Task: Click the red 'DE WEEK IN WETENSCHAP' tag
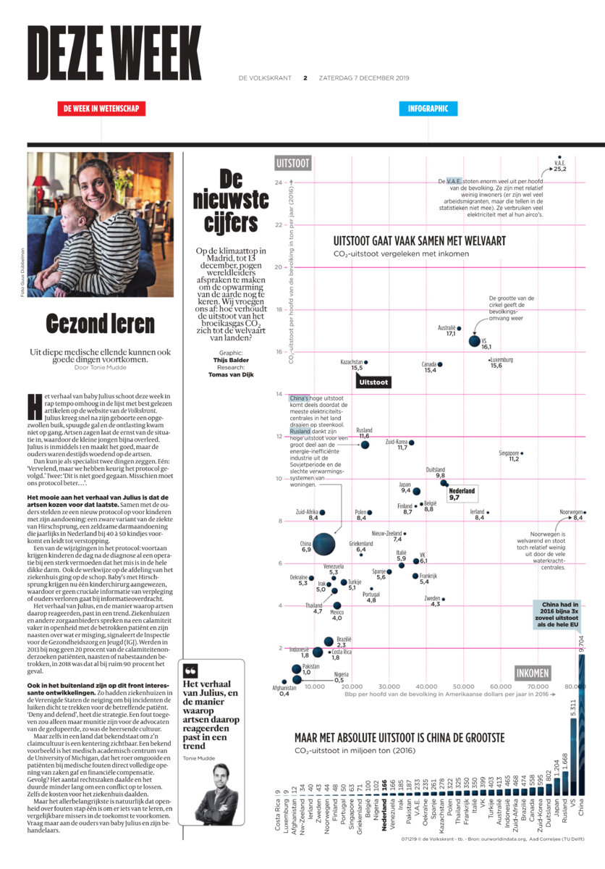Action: click(x=101, y=109)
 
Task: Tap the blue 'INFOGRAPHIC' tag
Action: click(x=428, y=109)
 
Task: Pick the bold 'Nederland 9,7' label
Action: click(x=462, y=494)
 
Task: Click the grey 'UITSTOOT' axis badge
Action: click(x=293, y=164)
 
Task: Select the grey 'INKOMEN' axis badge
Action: click(x=533, y=673)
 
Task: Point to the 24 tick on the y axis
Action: click(x=279, y=182)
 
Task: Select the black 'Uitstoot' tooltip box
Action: click(x=374, y=381)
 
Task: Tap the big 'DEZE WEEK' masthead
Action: click(x=104, y=54)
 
